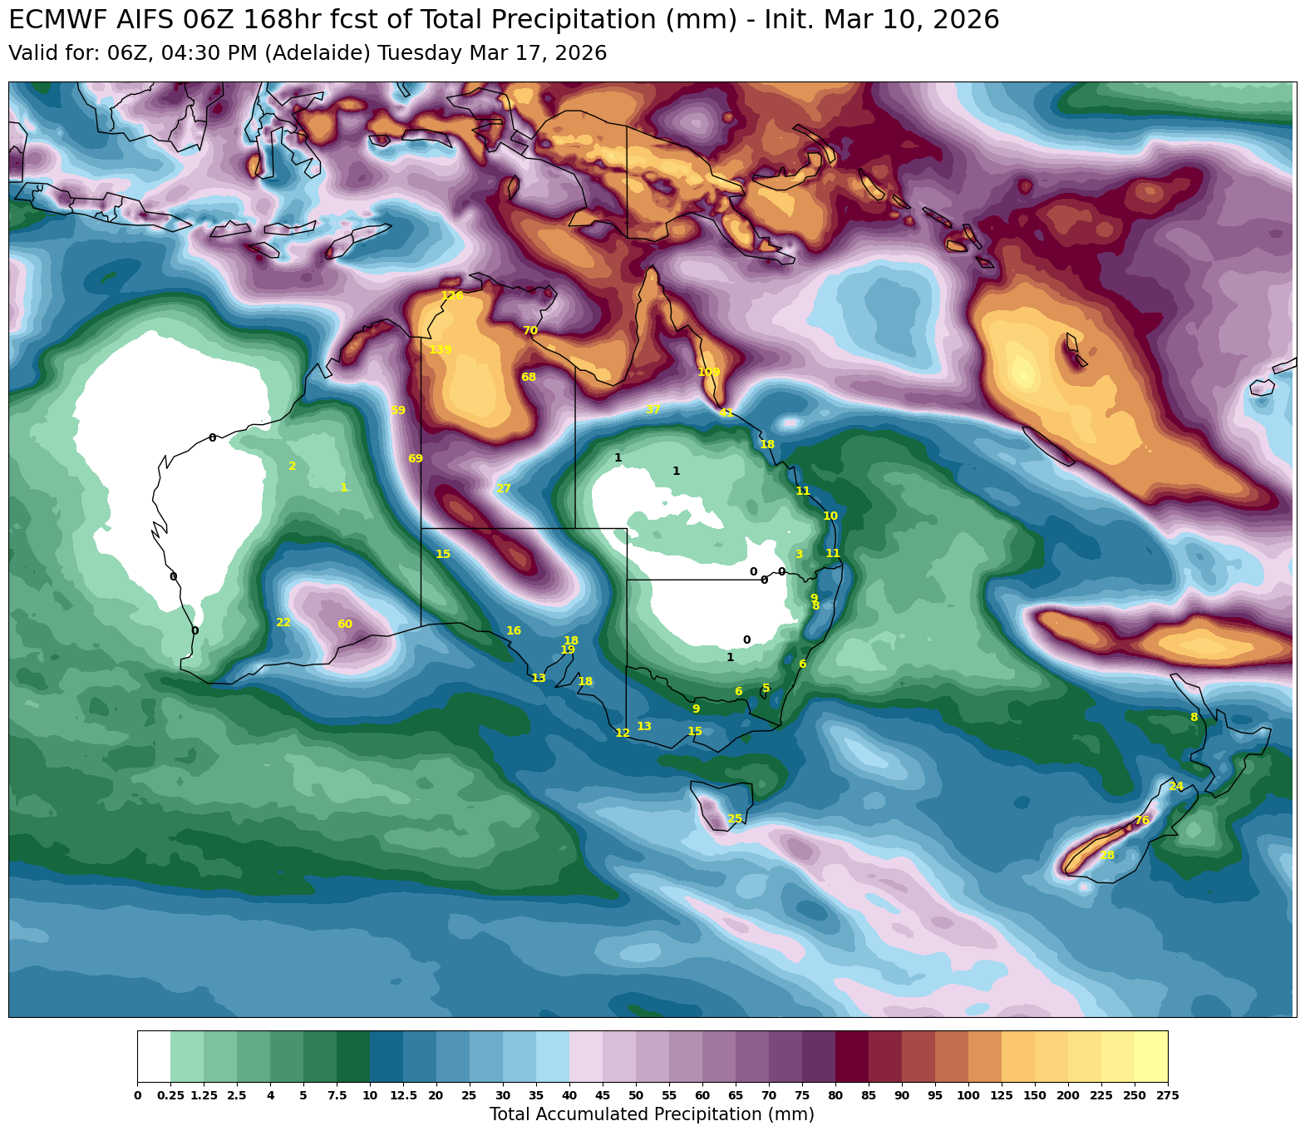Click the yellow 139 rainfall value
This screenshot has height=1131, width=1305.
tap(441, 350)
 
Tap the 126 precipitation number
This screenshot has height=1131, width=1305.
tap(452, 296)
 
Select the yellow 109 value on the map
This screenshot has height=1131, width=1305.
tap(709, 372)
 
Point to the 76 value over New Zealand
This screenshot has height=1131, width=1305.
tap(1142, 821)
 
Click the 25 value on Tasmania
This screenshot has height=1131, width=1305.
tap(735, 819)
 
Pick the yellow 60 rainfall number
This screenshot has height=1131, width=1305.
tap(345, 625)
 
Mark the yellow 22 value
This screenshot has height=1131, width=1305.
tap(283, 623)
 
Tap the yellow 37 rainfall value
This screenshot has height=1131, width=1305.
tap(653, 410)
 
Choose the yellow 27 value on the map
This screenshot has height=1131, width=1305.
tap(504, 489)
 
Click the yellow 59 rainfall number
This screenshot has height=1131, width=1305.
tap(398, 411)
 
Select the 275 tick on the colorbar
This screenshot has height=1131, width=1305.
tap(1167, 1095)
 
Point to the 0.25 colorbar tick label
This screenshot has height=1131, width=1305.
tap(170, 1095)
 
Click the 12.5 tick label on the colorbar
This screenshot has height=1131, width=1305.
tap(403, 1095)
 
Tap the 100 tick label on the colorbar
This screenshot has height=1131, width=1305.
tap(968, 1095)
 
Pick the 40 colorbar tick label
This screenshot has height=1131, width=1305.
tap(569, 1095)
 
